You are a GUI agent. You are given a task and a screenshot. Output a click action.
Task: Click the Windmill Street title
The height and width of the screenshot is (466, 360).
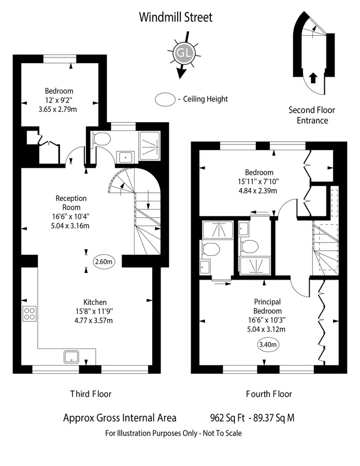pyautogui.click(x=176, y=17)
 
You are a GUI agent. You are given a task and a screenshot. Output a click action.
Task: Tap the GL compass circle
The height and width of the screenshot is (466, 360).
pyautogui.click(x=184, y=53)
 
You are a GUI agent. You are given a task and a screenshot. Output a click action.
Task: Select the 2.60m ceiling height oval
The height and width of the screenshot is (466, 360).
pyautogui.click(x=104, y=262)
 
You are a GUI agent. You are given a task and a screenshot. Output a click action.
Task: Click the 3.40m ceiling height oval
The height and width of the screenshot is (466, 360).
pyautogui.click(x=268, y=344)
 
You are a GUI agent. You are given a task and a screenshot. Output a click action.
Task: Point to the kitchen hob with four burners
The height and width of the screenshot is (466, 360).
pyautogui.click(x=30, y=314)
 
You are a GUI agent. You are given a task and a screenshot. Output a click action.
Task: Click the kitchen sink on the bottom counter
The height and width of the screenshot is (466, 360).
pyautogui.click(x=71, y=357)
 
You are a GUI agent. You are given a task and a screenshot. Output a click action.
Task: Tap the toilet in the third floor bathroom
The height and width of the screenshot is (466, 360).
pyautogui.click(x=101, y=139)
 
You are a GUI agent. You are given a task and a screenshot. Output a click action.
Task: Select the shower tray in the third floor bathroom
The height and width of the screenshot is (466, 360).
pyautogui.click(x=150, y=145)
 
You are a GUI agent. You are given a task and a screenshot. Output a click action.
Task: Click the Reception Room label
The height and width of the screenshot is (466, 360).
pyautogui.click(x=71, y=202)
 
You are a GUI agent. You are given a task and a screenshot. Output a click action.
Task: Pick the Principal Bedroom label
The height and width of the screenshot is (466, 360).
pyautogui.click(x=268, y=307)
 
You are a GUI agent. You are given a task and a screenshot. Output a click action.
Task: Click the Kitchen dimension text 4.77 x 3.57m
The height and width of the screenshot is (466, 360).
pyautogui.click(x=94, y=321)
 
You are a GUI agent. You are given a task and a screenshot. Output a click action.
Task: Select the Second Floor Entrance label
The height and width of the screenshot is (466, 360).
pyautogui.click(x=312, y=115)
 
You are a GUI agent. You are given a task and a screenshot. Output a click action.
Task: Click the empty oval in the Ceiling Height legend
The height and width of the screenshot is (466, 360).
pyautogui.click(x=165, y=99)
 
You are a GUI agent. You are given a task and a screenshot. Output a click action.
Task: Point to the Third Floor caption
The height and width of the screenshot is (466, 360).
pyautogui.click(x=91, y=394)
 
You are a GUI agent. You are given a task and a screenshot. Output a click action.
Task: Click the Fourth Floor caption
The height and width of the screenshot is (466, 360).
pyautogui.click(x=269, y=394)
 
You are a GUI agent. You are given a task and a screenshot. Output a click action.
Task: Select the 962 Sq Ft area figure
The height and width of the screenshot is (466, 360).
pyautogui.click(x=227, y=418)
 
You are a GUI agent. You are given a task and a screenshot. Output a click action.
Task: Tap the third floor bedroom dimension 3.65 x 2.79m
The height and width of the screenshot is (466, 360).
pyautogui.click(x=57, y=109)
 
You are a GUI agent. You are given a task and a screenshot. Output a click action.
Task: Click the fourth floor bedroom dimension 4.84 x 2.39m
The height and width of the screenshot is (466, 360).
pyautogui.click(x=258, y=191)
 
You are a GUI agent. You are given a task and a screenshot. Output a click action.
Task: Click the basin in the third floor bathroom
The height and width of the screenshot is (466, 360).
pyautogui.click(x=126, y=157)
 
